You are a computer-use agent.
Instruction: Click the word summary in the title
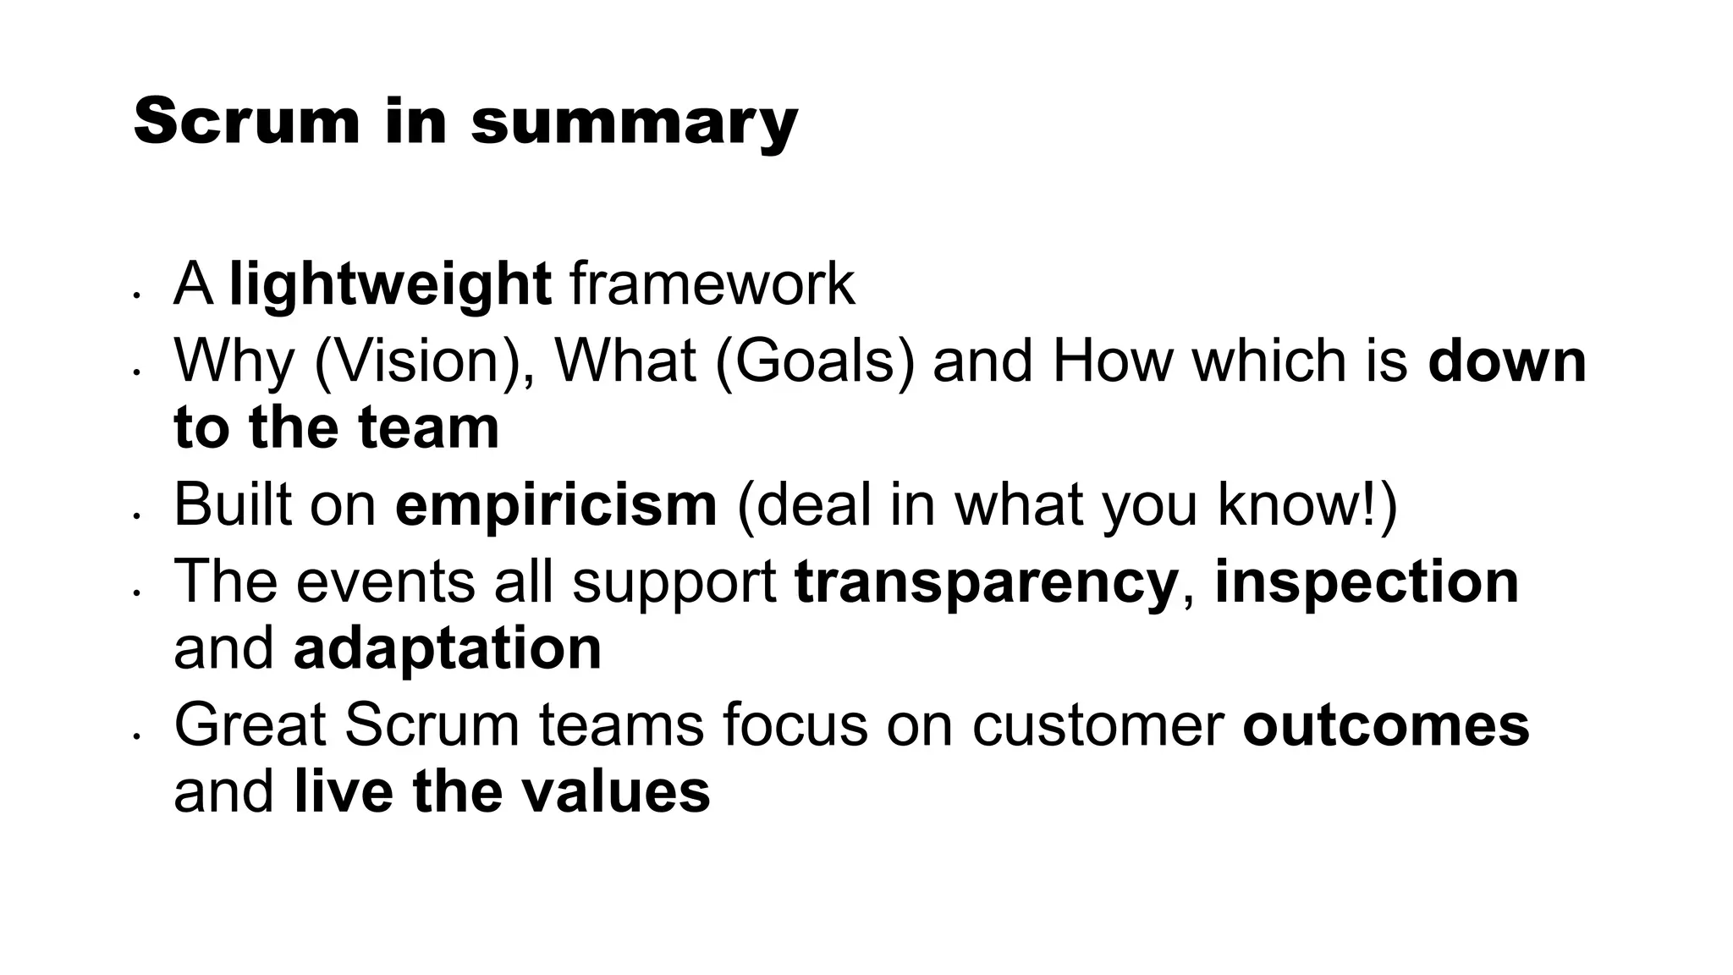[634, 124]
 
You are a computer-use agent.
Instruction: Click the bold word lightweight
[391, 284]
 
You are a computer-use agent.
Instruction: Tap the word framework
[712, 284]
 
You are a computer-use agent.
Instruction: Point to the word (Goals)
[815, 361]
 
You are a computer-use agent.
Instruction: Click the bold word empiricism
[556, 504]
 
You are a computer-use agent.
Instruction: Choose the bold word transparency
[986, 582]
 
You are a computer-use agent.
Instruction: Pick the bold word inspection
[1367, 582]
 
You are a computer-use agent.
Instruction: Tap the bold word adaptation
[447, 648]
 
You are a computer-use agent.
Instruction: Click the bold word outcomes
[1386, 725]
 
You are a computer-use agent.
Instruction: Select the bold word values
[615, 792]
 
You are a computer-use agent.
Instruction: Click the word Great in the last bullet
[250, 725]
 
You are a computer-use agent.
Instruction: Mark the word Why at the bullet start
[234, 361]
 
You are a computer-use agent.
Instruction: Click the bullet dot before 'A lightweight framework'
[135, 296]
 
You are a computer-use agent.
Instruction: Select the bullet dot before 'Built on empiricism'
[135, 516]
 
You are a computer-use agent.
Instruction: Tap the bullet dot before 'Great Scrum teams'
[135, 737]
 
